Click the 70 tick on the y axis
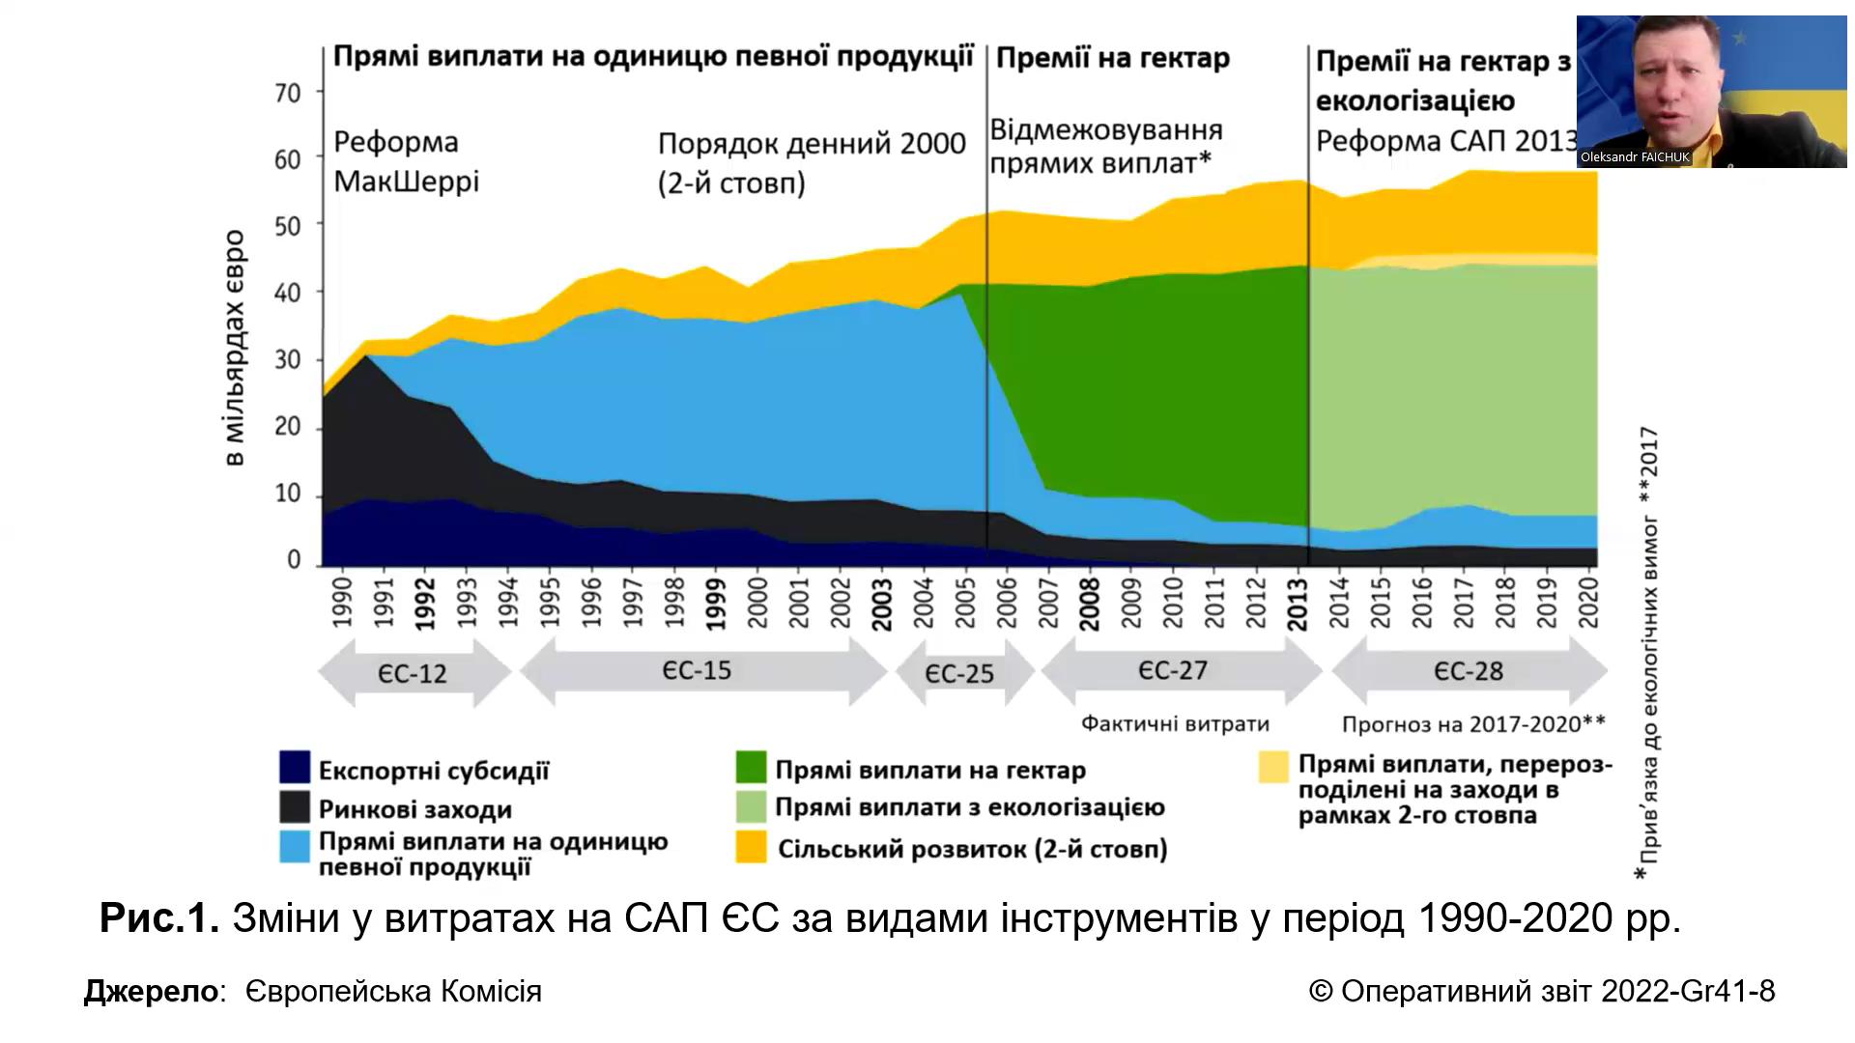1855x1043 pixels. point(288,94)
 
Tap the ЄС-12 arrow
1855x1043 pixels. point(414,672)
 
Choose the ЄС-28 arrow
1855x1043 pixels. point(1469,671)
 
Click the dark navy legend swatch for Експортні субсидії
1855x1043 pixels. point(295,768)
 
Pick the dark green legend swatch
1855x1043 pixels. point(751,768)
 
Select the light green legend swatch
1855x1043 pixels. point(751,806)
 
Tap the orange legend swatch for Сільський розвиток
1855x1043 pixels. point(751,847)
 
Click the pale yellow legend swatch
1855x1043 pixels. point(1273,768)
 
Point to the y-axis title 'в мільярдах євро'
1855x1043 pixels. point(236,349)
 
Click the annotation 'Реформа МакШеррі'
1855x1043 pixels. point(406,161)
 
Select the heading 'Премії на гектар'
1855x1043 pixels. point(1112,59)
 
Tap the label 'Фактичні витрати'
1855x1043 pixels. point(1175,723)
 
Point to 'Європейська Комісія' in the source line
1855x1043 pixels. point(393,991)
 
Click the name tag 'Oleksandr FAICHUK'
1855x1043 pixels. point(1635,157)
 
